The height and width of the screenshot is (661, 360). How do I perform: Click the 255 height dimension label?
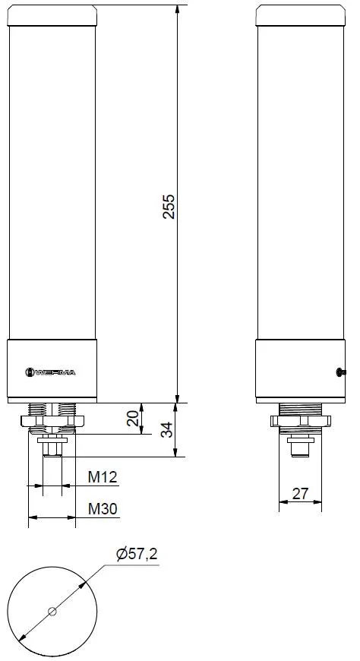coord(169,206)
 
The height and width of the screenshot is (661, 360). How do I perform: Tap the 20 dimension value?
coord(133,418)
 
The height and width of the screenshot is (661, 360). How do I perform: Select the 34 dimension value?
coord(167,429)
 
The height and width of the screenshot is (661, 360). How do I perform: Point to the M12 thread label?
coord(103,477)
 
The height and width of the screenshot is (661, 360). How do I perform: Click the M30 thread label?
coord(103,509)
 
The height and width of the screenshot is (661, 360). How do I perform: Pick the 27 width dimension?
coord(300,493)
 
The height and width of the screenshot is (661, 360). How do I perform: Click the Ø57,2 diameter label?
coord(137,554)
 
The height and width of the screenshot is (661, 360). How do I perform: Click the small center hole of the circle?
coord(52,611)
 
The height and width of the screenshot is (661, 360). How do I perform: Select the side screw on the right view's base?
coord(340,372)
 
